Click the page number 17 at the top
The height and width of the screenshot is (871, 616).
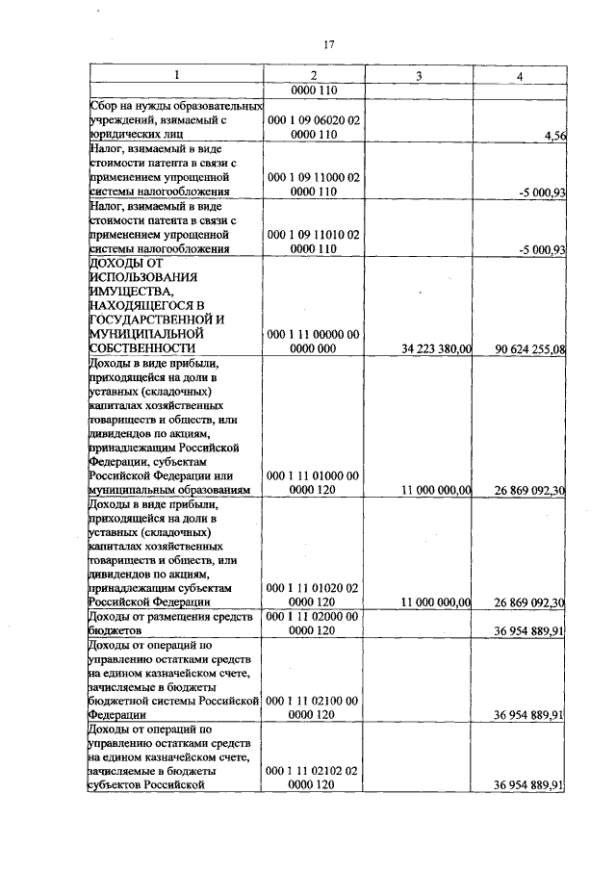(328, 44)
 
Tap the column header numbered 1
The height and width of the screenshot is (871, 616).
(176, 75)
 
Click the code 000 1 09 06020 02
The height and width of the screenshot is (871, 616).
(314, 120)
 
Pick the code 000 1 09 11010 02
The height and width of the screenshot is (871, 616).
(314, 234)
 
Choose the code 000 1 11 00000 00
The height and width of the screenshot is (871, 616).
(314, 333)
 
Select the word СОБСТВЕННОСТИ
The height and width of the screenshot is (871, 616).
(142, 347)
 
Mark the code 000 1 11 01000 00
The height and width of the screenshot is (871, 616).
(314, 474)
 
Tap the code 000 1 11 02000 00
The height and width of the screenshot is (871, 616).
(314, 615)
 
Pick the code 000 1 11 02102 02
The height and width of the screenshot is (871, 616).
(314, 770)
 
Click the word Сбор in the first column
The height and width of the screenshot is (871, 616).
(103, 105)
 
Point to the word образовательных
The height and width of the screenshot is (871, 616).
(217, 105)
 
